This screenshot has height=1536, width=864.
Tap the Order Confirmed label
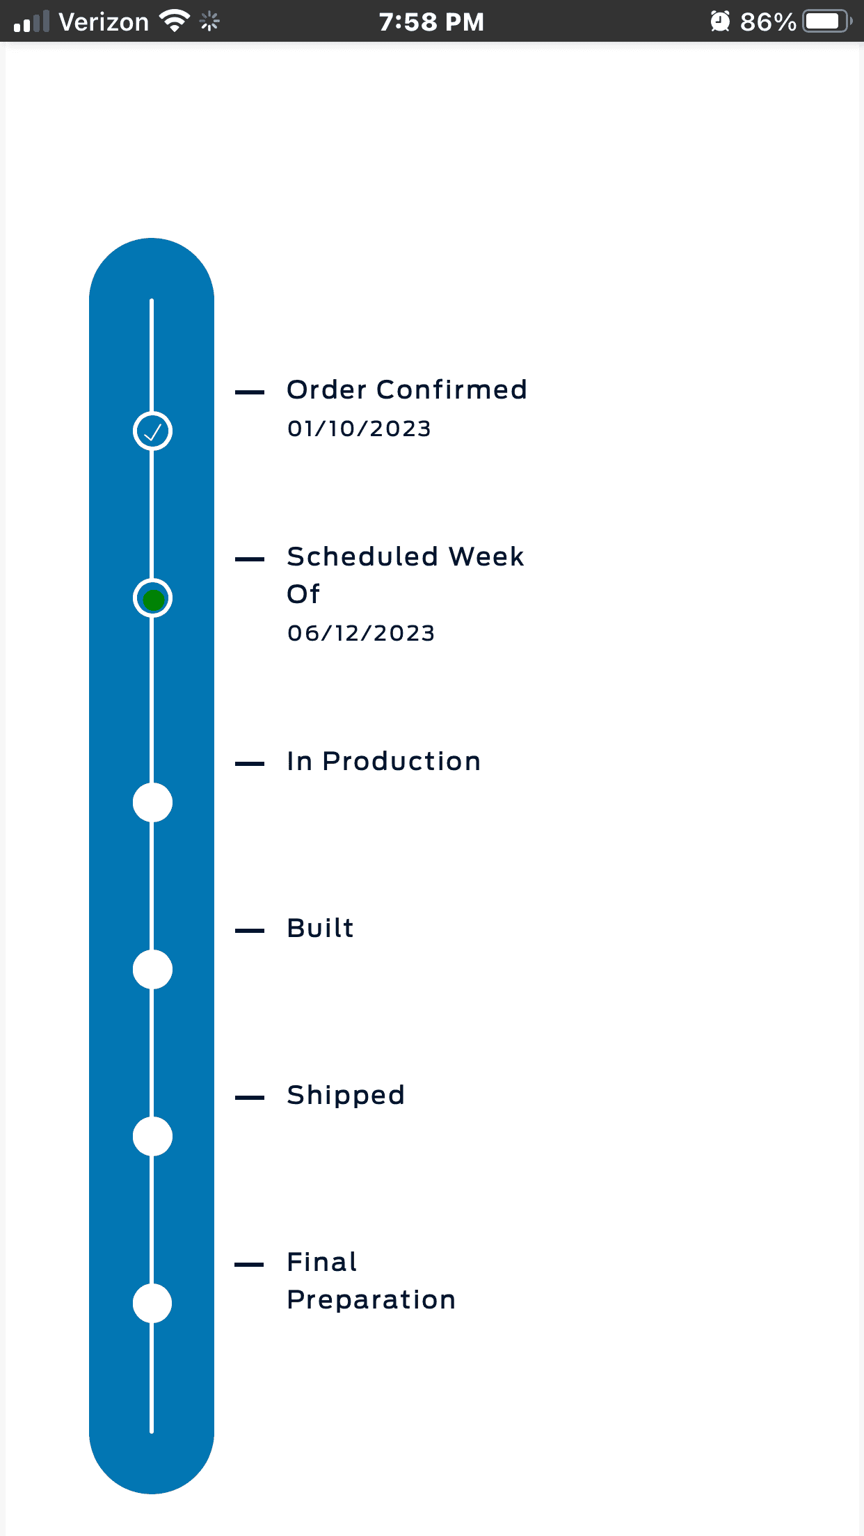tap(407, 390)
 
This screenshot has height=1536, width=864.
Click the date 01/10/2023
tap(359, 429)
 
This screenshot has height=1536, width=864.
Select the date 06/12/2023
tap(361, 633)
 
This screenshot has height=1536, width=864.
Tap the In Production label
tap(383, 761)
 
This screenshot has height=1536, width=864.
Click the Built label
tap(321, 928)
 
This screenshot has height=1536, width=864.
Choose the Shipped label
tap(346, 1096)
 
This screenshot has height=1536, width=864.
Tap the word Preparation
tap(371, 1300)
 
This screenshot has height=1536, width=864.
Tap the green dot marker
tap(152, 598)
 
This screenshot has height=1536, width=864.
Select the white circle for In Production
tap(152, 802)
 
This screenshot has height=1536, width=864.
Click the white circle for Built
tap(152, 969)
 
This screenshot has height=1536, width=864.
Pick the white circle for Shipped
tap(152, 1136)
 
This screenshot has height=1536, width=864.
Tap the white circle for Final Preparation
tap(152, 1303)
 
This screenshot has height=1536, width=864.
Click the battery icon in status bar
tap(828, 22)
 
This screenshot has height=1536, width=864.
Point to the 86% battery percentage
tap(768, 22)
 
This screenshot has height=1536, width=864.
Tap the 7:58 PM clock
tap(431, 22)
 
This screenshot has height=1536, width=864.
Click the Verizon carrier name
tap(104, 22)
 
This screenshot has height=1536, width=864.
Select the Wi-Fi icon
tap(175, 21)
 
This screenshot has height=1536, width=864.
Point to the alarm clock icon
tap(720, 22)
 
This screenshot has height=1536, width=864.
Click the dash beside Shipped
tap(250, 1098)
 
